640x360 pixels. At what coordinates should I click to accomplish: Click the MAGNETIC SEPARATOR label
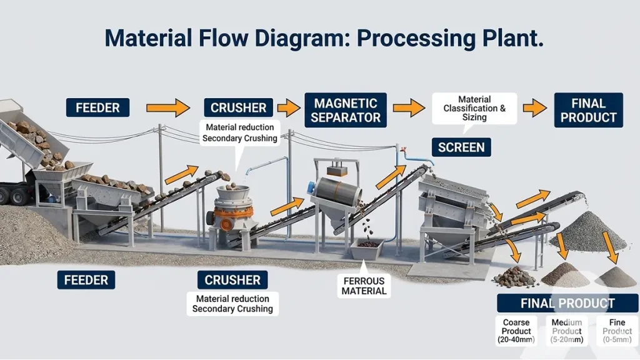click(x=346, y=110)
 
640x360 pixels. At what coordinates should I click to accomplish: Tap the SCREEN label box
click(x=461, y=147)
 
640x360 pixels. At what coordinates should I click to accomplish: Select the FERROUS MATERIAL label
click(x=364, y=285)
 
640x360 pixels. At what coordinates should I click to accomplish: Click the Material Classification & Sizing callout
click(x=474, y=108)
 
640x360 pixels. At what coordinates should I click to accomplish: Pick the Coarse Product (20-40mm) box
click(x=516, y=331)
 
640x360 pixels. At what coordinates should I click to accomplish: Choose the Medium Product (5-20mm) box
click(x=567, y=331)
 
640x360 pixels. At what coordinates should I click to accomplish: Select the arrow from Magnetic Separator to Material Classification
click(x=409, y=107)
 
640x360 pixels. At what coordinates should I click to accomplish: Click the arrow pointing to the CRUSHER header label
click(x=167, y=107)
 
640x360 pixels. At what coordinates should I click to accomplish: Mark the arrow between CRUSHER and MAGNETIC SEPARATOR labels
click(x=289, y=107)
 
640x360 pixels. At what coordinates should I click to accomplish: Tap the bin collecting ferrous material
click(x=367, y=249)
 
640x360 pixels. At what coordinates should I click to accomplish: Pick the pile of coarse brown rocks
click(x=514, y=277)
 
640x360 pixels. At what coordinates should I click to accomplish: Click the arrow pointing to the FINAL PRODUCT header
click(x=534, y=107)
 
